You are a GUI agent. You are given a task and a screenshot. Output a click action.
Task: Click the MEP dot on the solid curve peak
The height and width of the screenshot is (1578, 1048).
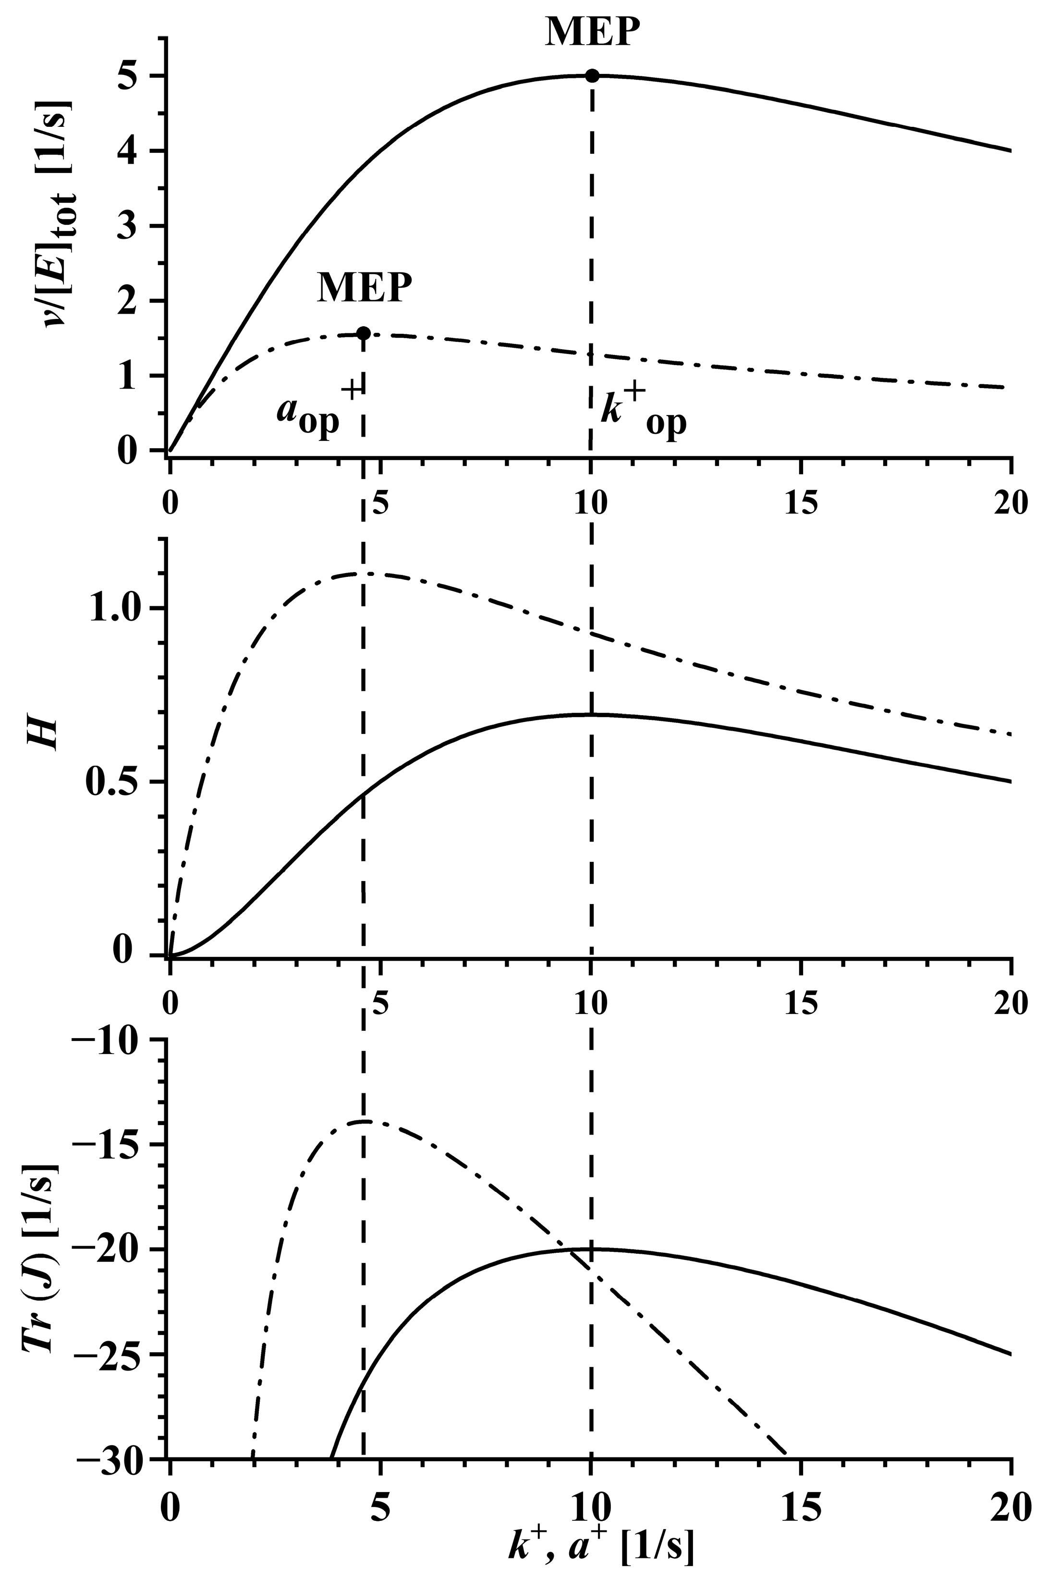coord(592,75)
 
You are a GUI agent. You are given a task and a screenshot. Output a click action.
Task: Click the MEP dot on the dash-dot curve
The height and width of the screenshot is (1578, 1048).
coord(363,333)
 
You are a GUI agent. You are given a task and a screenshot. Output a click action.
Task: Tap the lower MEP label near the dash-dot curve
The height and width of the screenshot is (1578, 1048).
coord(364,289)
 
